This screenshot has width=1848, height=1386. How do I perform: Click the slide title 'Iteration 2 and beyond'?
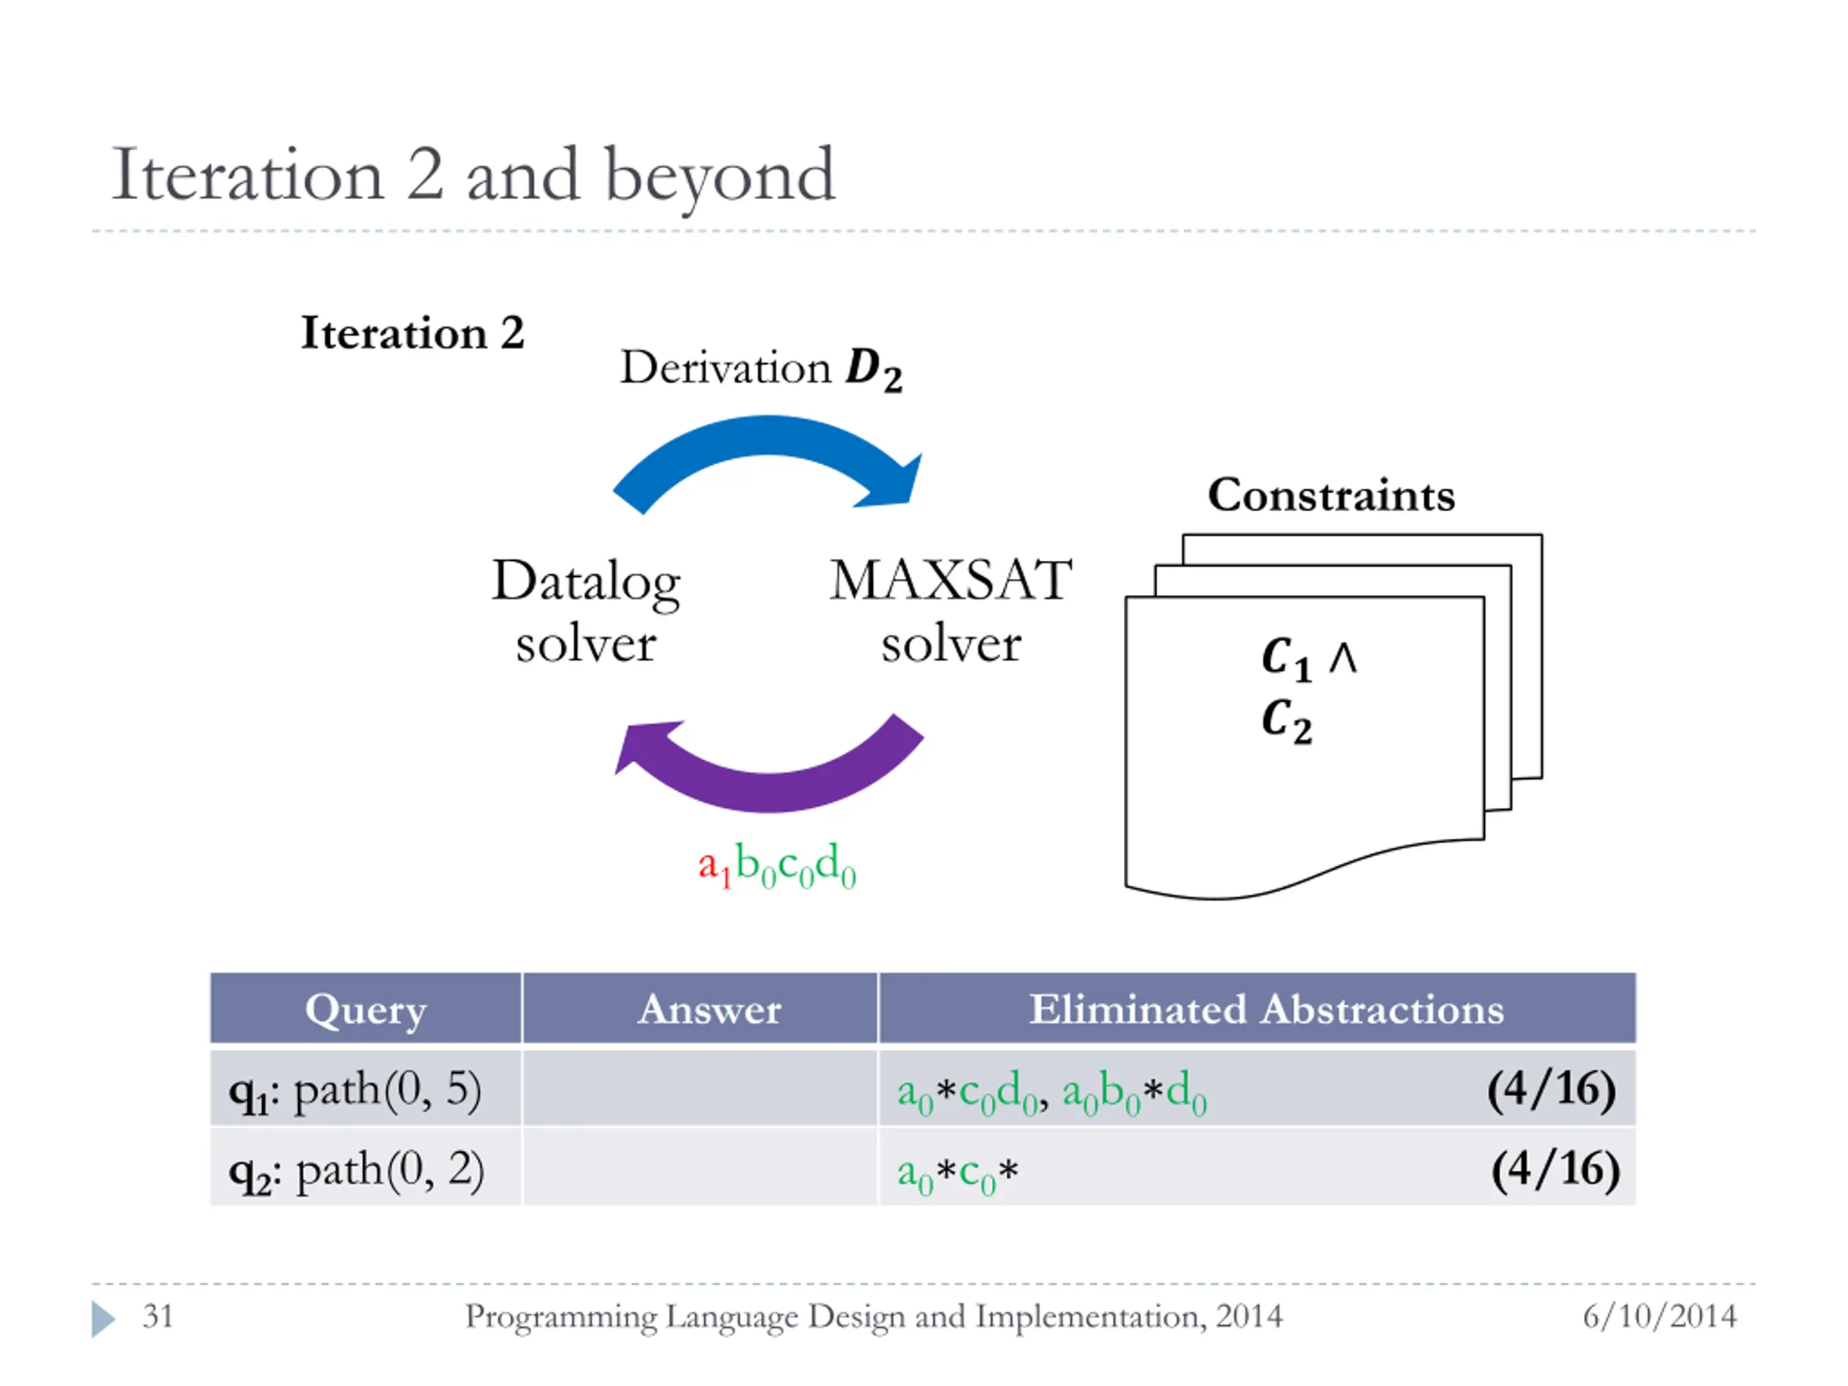(473, 175)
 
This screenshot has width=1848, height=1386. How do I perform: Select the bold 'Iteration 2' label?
(413, 334)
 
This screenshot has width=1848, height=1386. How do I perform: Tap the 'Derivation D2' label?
(760, 368)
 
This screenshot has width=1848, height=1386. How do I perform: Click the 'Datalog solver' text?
(585, 611)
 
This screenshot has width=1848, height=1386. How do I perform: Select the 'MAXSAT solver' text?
(951, 611)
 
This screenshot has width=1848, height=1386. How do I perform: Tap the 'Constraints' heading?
(1331, 495)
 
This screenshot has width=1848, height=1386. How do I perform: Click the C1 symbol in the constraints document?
(1286, 658)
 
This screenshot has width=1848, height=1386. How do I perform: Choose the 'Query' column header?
(366, 1009)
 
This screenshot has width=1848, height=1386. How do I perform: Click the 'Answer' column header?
(710, 1009)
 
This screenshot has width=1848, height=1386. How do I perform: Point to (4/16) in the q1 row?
(1551, 1089)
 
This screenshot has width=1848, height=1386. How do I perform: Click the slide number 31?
(157, 1317)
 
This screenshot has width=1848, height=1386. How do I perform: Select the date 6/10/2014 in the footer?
(1659, 1317)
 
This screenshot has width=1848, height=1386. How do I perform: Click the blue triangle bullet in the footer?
(103, 1318)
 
